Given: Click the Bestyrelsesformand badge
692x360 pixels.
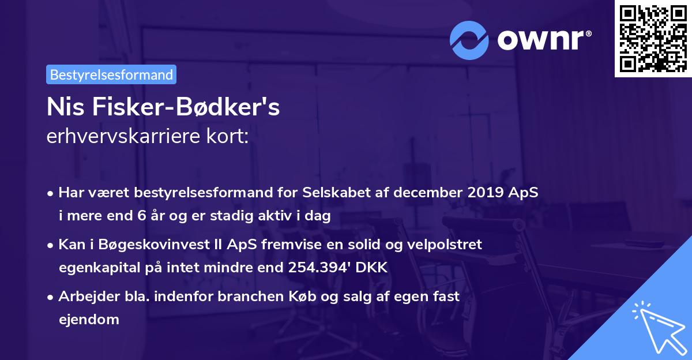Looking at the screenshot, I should pyautogui.click(x=111, y=74).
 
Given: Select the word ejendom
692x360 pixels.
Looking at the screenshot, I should pyautogui.click(x=89, y=319).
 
